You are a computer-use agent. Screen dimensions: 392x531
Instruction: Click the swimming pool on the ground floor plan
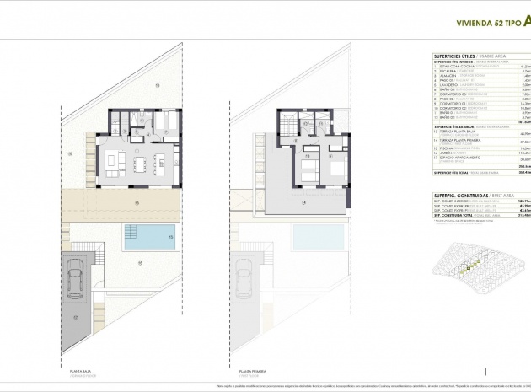coord(150,233)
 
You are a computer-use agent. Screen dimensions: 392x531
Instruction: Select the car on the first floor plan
coord(243,278)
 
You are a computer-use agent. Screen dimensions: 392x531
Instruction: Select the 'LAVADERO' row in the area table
coord(448,85)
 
